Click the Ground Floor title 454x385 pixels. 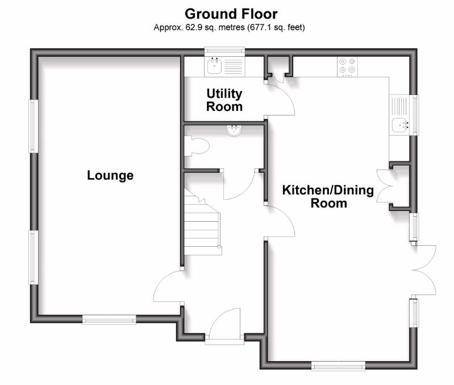tap(231, 13)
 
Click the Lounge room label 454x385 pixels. tap(110, 175)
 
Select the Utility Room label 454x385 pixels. tap(224, 100)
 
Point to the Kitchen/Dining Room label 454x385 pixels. tap(328, 196)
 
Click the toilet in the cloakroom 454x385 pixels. tap(197, 147)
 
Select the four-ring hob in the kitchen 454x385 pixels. tap(347, 67)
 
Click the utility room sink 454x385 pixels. tap(215, 67)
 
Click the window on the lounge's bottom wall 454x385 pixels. tap(109, 320)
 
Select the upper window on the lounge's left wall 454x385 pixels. tap(34, 126)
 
